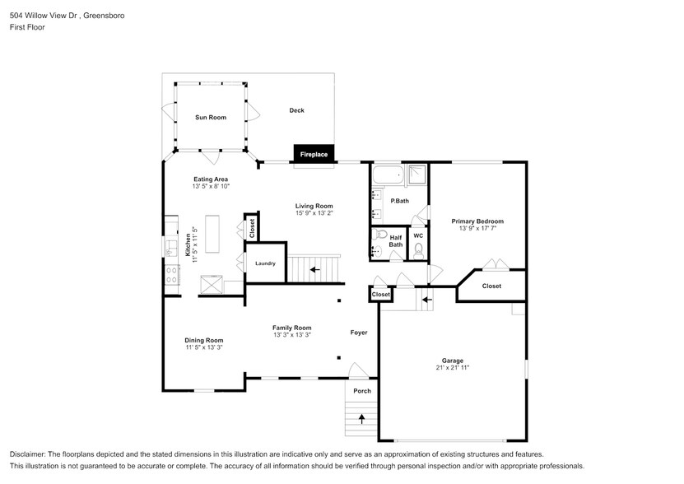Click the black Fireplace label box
pyautogui.click(x=314, y=154)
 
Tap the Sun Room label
pyautogui.click(x=211, y=118)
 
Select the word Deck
pyautogui.click(x=297, y=110)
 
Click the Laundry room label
pyautogui.click(x=265, y=263)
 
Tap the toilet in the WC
pyautogui.click(x=418, y=249)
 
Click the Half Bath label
pyautogui.click(x=396, y=240)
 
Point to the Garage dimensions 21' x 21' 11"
pyautogui.click(x=452, y=368)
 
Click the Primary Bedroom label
pyautogui.click(x=477, y=221)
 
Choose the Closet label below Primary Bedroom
pyautogui.click(x=491, y=286)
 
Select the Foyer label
pyautogui.click(x=359, y=333)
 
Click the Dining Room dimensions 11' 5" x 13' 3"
pyautogui.click(x=204, y=347)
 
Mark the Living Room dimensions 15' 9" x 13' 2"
pyautogui.click(x=314, y=212)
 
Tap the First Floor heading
pyautogui.click(x=27, y=27)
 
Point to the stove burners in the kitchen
pyautogui.click(x=172, y=275)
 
